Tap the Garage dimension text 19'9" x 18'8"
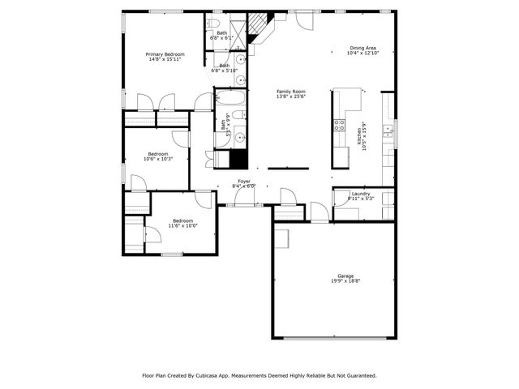click(345, 281)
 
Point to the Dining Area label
click(362, 48)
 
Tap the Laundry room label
click(360, 194)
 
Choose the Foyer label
click(244, 182)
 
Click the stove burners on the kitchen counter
click(340, 125)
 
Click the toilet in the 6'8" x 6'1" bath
click(214, 23)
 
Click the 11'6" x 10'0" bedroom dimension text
click(182, 226)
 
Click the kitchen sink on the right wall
click(388, 129)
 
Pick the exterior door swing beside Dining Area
click(305, 21)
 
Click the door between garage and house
click(320, 212)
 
